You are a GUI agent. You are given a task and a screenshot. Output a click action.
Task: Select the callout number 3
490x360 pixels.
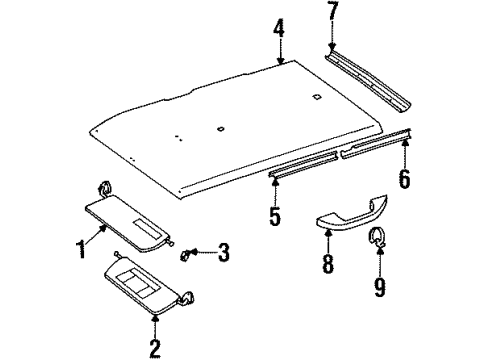click(x=223, y=253)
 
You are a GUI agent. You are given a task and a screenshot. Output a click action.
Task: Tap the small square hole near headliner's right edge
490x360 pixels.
click(x=316, y=96)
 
